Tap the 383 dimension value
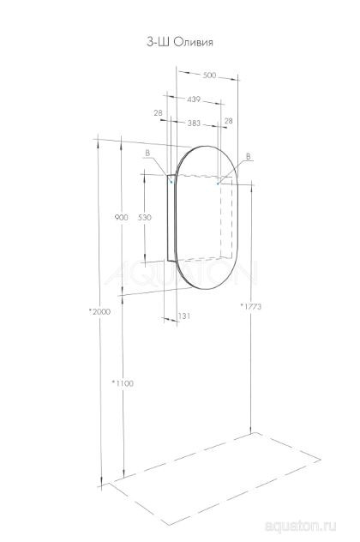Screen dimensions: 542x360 pos(194,124)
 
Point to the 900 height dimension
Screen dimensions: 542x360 pos(120,218)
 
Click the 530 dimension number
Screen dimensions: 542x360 pos(144,218)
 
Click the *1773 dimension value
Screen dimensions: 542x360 pos(250,307)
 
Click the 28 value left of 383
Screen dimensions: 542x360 pos(159,113)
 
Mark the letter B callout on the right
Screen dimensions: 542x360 pos(248,156)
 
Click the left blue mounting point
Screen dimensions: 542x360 pos(172,182)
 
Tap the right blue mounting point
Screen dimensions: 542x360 pos(218,182)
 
